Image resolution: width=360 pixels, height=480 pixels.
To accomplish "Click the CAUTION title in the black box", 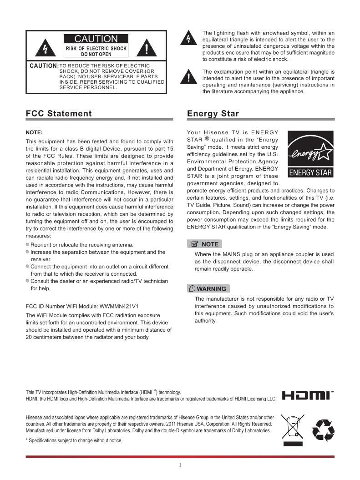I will pyautogui.click(x=96, y=39).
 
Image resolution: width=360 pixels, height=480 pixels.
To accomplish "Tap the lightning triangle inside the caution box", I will pyautogui.click(x=45, y=47).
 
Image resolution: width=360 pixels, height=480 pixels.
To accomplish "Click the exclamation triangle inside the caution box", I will pyautogui.click(x=147, y=47).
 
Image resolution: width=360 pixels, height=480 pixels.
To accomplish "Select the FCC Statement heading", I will pyautogui.click(x=59, y=114).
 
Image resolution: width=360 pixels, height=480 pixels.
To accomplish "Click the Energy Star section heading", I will pyautogui.click(x=213, y=114).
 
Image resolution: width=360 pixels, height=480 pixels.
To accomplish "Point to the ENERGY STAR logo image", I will pyautogui.click(x=311, y=154).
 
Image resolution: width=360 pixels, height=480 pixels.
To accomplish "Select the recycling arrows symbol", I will pyautogui.click(x=323, y=430).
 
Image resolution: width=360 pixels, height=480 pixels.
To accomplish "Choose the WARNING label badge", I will pyautogui.click(x=208, y=288).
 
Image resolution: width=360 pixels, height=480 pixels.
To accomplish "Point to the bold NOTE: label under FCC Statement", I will pyautogui.click(x=34, y=132).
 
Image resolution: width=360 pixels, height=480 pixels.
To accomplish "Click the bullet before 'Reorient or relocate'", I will pyautogui.click(x=28, y=245).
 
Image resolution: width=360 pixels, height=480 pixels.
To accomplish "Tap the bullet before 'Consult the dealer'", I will pyautogui.click(x=28, y=281).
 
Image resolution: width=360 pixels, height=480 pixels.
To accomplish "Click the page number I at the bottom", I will pyautogui.click(x=180, y=465).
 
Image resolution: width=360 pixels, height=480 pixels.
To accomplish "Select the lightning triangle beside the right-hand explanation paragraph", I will pyautogui.click(x=187, y=38).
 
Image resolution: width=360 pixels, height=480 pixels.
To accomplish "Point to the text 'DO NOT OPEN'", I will pyautogui.click(x=96, y=54).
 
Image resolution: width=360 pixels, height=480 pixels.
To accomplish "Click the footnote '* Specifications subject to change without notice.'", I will pyautogui.click(x=74, y=440).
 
